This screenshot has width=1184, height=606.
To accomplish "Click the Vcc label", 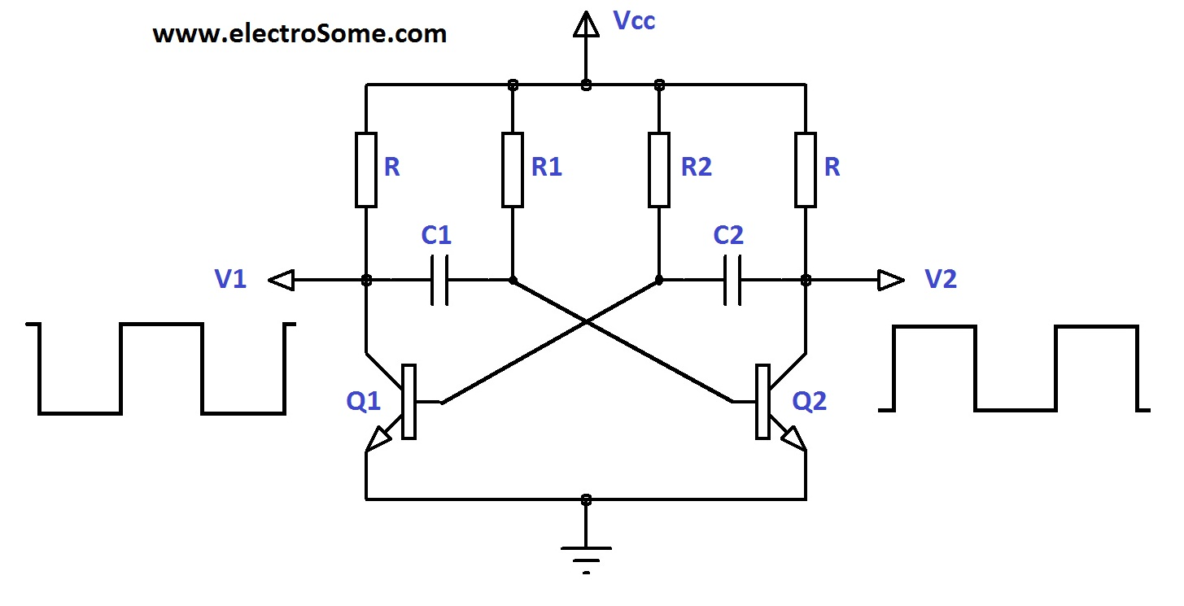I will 634,21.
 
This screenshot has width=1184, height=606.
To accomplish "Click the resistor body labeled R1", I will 513,168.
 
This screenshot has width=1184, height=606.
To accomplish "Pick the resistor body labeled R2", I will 659,168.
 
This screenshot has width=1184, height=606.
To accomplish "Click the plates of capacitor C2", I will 732,281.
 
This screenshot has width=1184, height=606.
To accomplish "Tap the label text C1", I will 436,236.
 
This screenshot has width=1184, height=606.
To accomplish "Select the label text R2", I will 696,168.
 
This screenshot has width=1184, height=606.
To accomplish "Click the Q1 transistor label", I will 364,402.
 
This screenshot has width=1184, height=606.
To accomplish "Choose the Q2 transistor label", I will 810,402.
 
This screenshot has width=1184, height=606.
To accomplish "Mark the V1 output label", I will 231,280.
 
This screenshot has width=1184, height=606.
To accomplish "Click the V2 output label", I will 941,280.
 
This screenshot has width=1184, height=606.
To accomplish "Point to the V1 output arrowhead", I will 281,281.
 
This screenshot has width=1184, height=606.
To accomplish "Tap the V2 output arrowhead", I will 891,281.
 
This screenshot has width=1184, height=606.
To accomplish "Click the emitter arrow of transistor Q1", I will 378,440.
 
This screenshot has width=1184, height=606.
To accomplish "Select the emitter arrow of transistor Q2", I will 793,439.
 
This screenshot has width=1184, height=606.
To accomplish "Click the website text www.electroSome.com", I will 299,34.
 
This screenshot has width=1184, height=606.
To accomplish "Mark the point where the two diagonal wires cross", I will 586,322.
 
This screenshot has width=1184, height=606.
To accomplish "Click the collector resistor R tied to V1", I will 366,168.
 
